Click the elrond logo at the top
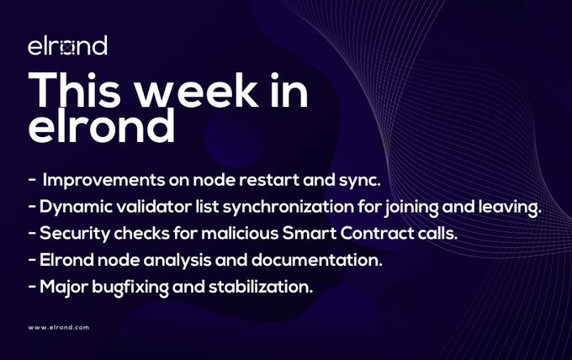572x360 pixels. [67, 45]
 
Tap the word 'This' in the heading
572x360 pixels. [74, 90]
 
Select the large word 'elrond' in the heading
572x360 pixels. [102, 125]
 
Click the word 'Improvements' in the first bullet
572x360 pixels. [103, 180]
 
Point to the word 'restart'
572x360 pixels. [268, 180]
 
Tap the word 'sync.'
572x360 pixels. [360, 181]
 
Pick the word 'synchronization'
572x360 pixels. [289, 207]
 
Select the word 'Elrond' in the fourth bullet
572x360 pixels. [66, 260]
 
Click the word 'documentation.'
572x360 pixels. [316, 260]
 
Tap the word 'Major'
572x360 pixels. [63, 287]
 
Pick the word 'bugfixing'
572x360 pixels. [130, 287]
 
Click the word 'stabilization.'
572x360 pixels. [261, 287]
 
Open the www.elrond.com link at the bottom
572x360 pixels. [59, 327]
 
